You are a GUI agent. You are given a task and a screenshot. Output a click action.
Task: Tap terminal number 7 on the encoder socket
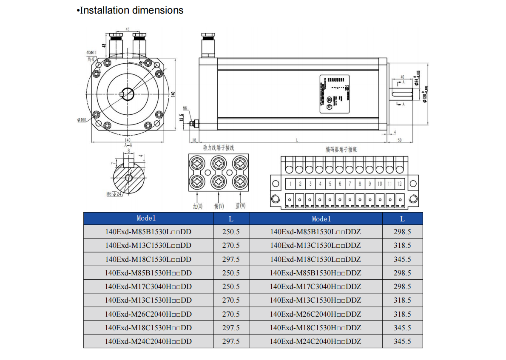pyautogui.click(x=350, y=184)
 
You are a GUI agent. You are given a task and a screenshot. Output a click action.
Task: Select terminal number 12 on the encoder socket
pyautogui.click(x=399, y=184)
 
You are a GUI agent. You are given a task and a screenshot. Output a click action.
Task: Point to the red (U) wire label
pyautogui.click(x=197, y=206)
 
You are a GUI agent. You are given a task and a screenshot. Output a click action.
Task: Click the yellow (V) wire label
pyautogui.click(x=219, y=206)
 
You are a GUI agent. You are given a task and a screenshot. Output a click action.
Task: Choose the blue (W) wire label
pyautogui.click(x=240, y=206)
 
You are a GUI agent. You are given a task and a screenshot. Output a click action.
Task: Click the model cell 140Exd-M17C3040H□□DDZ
pyautogui.click(x=316, y=286)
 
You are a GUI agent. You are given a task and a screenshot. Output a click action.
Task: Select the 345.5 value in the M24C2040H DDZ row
pyautogui.click(x=402, y=341)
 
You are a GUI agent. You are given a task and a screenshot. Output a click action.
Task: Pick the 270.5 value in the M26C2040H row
pyautogui.click(x=231, y=314)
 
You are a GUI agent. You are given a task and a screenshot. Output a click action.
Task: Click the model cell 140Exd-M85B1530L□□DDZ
pyautogui.click(x=316, y=232)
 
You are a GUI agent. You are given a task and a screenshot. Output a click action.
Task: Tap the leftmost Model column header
pyautogui.click(x=146, y=218)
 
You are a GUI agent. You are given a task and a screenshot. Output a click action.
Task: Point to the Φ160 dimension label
pyautogui.click(x=82, y=120)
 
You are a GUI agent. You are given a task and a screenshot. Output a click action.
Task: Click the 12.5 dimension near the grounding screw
pyautogui.click(x=182, y=118)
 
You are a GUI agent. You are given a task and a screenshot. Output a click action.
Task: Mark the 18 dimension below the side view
pyautogui.click(x=194, y=140)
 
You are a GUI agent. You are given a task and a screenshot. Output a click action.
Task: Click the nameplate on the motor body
pyautogui.click(x=334, y=94)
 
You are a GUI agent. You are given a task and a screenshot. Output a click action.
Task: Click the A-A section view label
pyautogui.click(x=128, y=145)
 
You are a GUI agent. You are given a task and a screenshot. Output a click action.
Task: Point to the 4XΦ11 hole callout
pyautogui.click(x=91, y=53)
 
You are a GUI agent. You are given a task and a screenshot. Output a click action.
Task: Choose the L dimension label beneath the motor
pyautogui.click(x=297, y=139)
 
